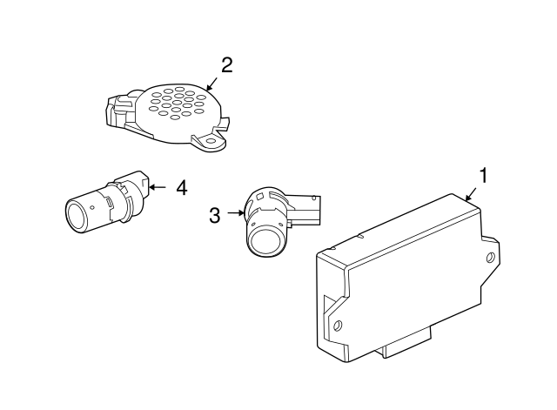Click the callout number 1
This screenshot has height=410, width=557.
(x=483, y=176)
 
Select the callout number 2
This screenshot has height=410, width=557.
(x=227, y=65)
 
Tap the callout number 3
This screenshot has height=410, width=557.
(x=215, y=215)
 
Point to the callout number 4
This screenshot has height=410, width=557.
(x=182, y=188)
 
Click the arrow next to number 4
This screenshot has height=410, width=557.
(x=158, y=186)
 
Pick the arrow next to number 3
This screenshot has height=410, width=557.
(x=236, y=212)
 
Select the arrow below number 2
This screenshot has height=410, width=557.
(x=211, y=84)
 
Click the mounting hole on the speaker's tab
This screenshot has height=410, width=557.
(x=211, y=141)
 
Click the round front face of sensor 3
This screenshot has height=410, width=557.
(x=265, y=240)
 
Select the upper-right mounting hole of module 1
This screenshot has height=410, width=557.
(x=491, y=257)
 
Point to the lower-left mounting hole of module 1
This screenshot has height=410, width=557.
(x=338, y=326)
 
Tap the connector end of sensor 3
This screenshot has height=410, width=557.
(x=308, y=210)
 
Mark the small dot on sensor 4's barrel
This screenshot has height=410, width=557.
(x=92, y=207)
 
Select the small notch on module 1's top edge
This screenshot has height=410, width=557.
(x=360, y=235)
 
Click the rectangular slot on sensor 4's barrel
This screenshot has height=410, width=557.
(x=109, y=203)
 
